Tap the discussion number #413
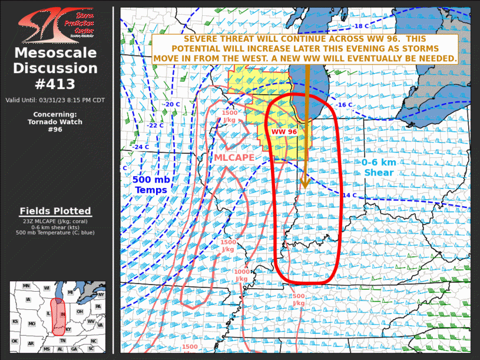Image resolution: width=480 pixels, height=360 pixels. tap(55, 84)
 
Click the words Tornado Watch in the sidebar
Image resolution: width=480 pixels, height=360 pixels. tap(55, 122)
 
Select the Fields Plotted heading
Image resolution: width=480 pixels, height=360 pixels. tap(55, 211)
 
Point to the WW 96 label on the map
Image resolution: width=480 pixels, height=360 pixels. tap(284, 131)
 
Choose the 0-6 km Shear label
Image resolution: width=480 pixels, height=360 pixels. tap(379, 167)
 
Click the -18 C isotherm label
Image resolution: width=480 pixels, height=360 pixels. tap(361, 26)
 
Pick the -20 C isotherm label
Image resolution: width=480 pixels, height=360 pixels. tap(171, 104)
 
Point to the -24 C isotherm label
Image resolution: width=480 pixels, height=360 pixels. tap(141, 147)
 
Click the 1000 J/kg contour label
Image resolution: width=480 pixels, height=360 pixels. tap(242, 275)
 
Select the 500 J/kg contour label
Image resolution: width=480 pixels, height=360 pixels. tap(299, 299)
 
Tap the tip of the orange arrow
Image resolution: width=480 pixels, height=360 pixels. tap(304, 188)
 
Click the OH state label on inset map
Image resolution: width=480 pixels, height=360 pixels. tap(80, 312)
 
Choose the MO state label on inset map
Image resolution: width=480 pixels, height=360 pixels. tap(32, 324)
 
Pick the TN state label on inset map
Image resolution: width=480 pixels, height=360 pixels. tap(63, 341)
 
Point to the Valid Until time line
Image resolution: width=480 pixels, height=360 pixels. tap(55, 100)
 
